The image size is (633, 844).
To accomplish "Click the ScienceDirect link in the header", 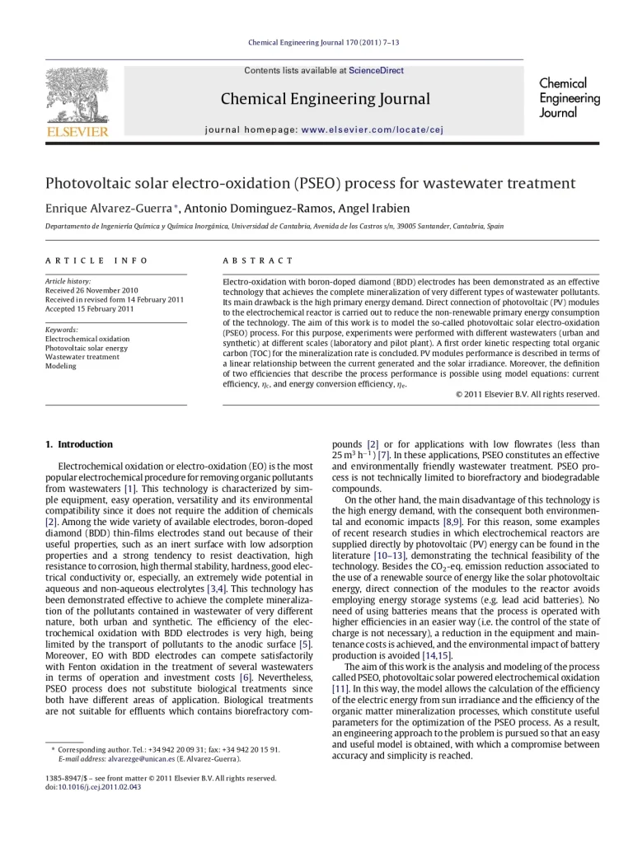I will coord(376,71).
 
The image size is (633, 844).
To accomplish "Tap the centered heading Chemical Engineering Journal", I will coord(325,100).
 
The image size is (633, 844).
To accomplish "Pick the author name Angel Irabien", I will coord(376,208).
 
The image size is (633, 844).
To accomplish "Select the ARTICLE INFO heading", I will coord(96,260).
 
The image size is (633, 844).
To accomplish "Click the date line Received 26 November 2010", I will coord(91,291).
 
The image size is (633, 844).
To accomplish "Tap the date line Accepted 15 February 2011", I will coord(89,309).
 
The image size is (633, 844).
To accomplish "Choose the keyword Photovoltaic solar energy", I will coord(87,348).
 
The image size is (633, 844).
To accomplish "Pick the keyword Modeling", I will coord(61,366).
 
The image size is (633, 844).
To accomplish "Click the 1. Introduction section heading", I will coord(79,444).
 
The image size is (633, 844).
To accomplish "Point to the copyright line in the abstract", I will coord(527,394).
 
